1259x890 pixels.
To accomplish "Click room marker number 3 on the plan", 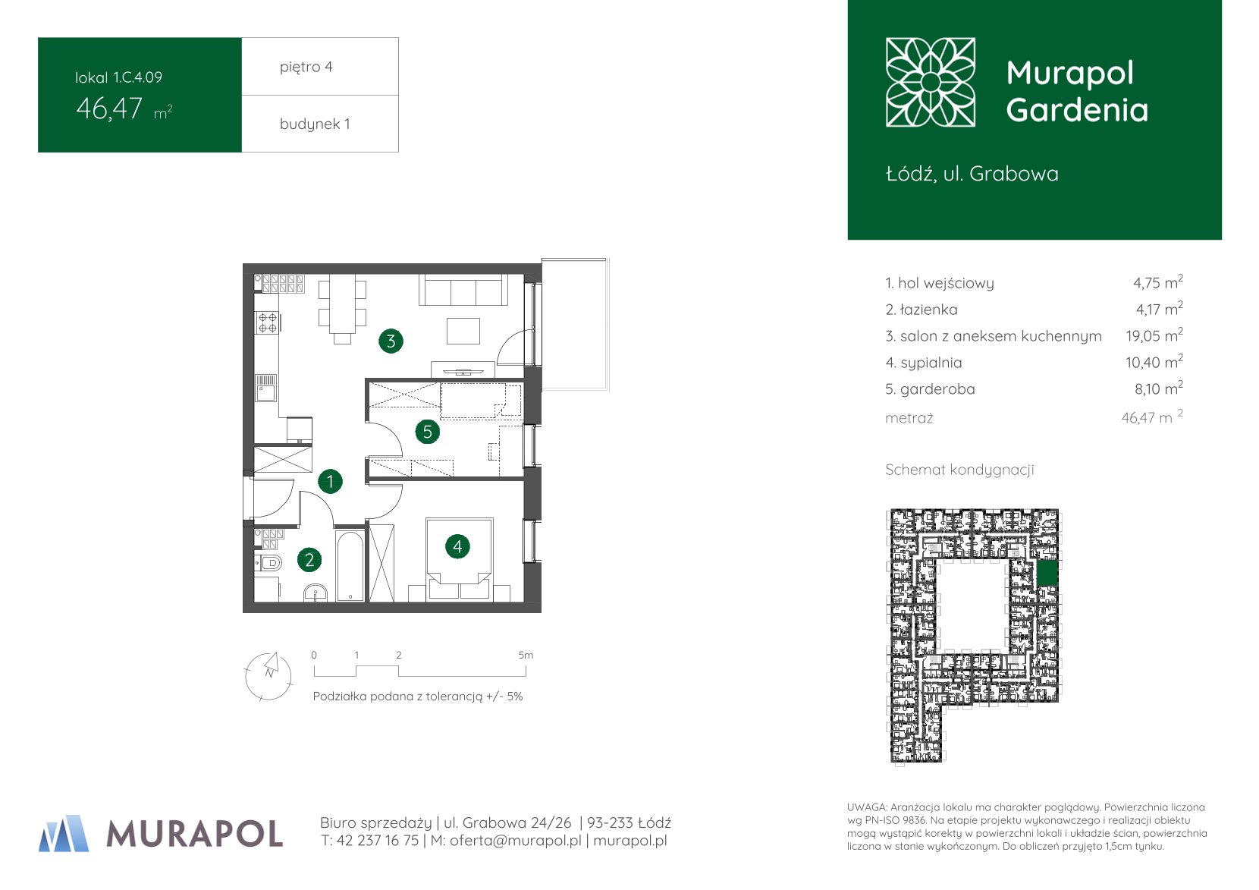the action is tap(391, 341).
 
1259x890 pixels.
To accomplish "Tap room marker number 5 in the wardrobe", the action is tap(427, 432).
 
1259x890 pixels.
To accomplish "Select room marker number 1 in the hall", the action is tap(330, 481).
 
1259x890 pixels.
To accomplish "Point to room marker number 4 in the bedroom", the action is tap(457, 546).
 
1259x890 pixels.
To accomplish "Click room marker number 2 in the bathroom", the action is tap(309, 559).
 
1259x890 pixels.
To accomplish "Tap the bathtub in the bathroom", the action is tap(350, 565).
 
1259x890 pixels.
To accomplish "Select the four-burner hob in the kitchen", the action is tap(268, 322).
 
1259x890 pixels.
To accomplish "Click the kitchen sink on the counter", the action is tap(266, 388).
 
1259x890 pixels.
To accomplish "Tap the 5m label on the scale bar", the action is tap(526, 655).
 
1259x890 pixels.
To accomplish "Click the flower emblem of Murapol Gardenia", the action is tap(930, 82).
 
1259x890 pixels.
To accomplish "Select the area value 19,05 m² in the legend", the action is tap(1154, 335).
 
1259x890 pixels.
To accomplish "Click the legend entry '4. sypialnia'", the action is tap(924, 363).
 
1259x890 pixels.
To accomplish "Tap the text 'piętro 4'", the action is tap(306, 67).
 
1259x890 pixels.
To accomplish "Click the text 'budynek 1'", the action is tap(315, 124).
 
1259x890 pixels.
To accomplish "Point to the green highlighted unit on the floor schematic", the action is tap(1047, 574).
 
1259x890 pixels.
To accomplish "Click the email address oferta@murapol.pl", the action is tap(516, 841).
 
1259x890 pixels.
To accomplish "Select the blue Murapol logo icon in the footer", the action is tap(64, 833).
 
